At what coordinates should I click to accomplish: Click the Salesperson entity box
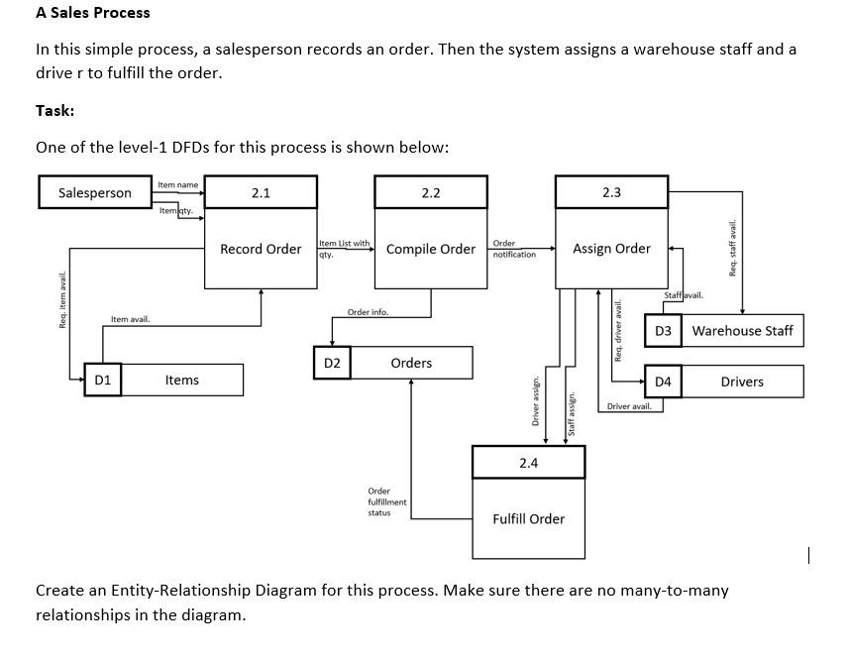94,192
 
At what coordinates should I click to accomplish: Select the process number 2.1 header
261,192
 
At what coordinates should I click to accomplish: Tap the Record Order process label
261,249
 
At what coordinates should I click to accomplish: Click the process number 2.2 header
431,192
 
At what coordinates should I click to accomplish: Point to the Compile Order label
431,249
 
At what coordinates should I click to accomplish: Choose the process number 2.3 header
611,191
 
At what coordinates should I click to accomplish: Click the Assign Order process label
611,249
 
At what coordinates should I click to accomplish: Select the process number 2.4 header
528,463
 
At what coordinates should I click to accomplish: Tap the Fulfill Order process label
528,518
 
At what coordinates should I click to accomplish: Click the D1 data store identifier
103,380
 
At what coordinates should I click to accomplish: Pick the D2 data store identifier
332,363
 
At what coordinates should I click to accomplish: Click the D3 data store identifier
663,330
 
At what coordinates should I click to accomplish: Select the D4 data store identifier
663,382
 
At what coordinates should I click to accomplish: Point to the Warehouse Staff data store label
742,330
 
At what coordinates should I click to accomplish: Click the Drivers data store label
742,382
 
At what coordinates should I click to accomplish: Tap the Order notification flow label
513,249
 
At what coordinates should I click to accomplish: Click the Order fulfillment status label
386,501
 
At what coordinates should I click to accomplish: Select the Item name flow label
178,184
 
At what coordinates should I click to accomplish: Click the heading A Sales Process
93,13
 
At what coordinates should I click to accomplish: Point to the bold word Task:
55,110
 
